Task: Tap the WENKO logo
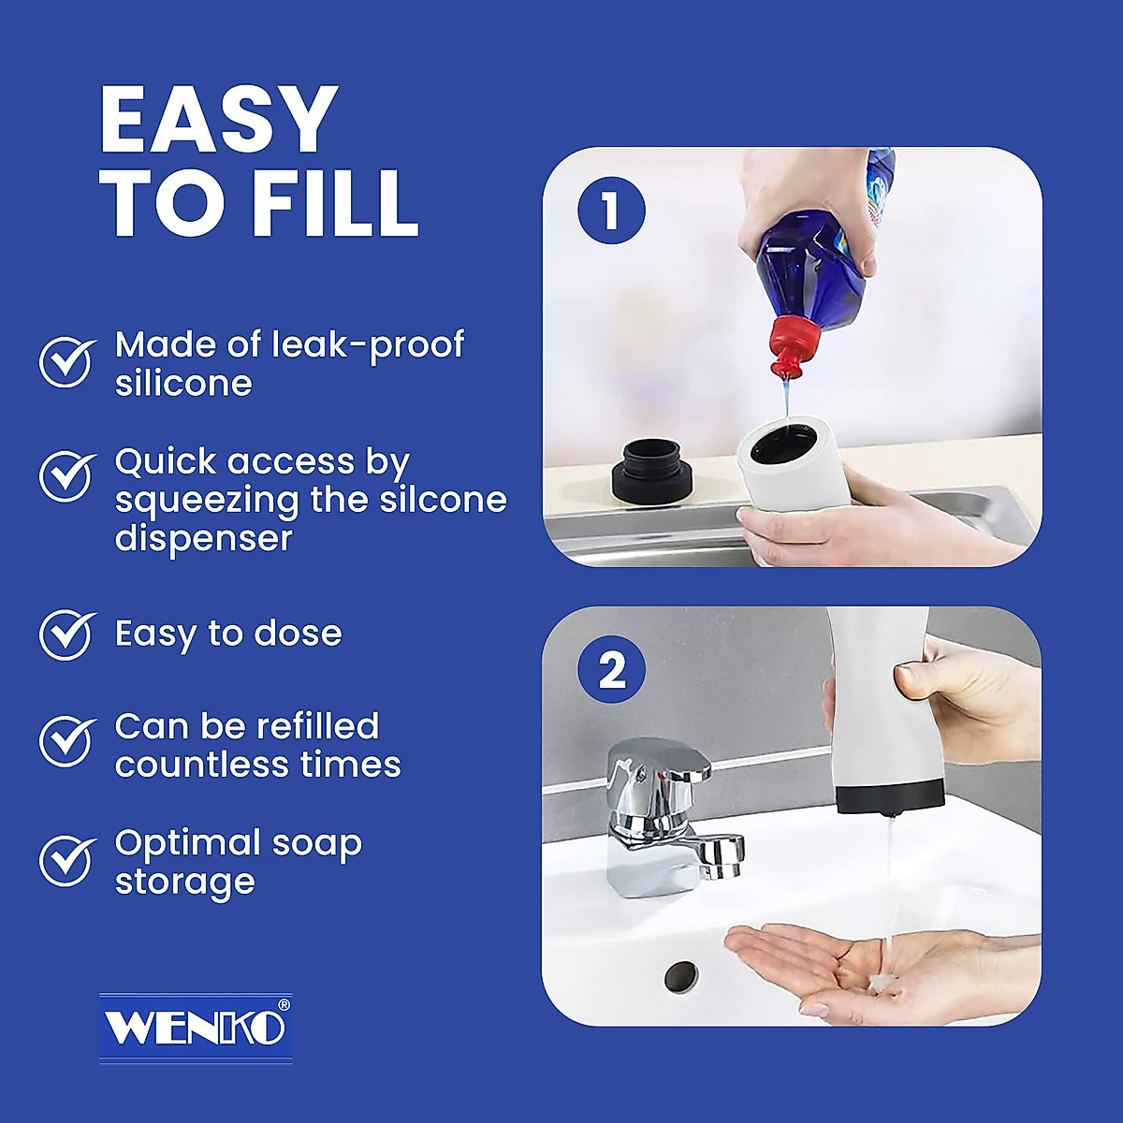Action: [196, 1027]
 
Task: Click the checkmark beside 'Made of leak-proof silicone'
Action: [66, 363]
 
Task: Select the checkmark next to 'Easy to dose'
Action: [66, 634]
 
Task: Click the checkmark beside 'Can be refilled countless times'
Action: [66, 741]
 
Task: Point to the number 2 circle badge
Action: [611, 670]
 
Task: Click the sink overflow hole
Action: [680, 978]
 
